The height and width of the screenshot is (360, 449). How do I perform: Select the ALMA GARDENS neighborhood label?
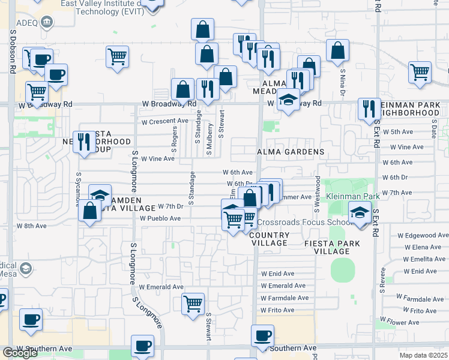pos(291,152)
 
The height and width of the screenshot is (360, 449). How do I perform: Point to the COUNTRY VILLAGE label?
pos(268,239)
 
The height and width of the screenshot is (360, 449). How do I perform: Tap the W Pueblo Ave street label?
pos(160,219)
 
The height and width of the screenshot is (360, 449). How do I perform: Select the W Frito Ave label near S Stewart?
pos(277,310)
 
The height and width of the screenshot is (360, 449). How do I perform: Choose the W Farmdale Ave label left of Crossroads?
pos(285,298)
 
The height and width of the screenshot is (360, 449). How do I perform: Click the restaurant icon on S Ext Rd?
pos(369,108)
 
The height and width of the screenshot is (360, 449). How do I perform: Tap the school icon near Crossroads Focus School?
pos(360,212)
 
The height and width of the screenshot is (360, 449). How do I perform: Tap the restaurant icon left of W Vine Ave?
pos(84,142)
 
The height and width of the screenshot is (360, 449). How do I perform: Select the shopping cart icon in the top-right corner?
pos(420,71)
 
